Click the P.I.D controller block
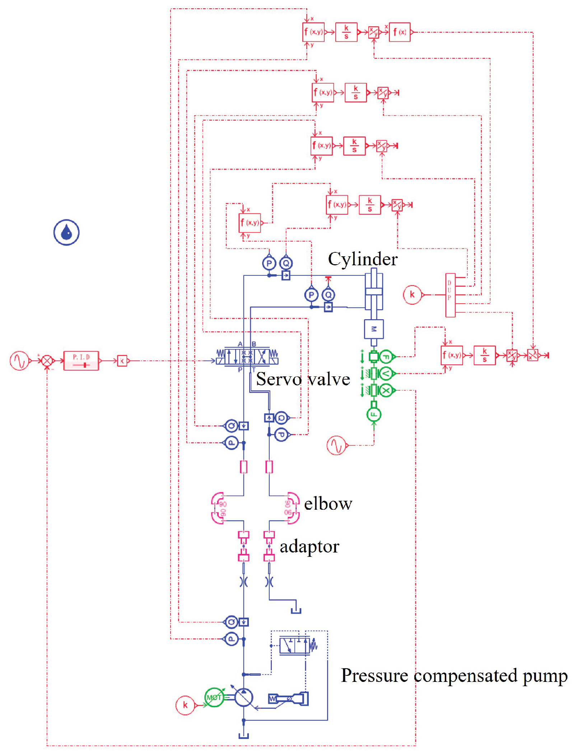pyautogui.click(x=81, y=361)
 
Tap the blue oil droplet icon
pyautogui.click(x=66, y=233)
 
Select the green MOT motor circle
pyautogui.click(x=214, y=697)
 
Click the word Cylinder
pyautogui.click(x=363, y=259)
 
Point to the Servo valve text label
pyautogui.click(x=303, y=379)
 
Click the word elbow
pyautogui.click(x=328, y=504)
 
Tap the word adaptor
pyautogui.click(x=309, y=547)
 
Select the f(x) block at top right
pyautogui.click(x=400, y=32)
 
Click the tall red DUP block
pyautogui.click(x=450, y=295)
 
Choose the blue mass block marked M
pyautogui.click(x=374, y=329)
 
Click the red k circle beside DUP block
pyautogui.click(x=412, y=295)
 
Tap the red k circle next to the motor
pyautogui.click(x=185, y=705)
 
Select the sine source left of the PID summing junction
pyautogui.click(x=19, y=361)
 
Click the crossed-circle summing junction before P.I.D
pyautogui.click(x=47, y=361)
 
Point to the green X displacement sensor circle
pyautogui.click(x=386, y=390)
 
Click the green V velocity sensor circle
pyautogui.click(x=386, y=374)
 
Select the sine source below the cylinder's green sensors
pyautogui.click(x=336, y=445)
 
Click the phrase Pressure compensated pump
pyautogui.click(x=454, y=675)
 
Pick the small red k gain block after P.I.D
pyautogui.click(x=122, y=361)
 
